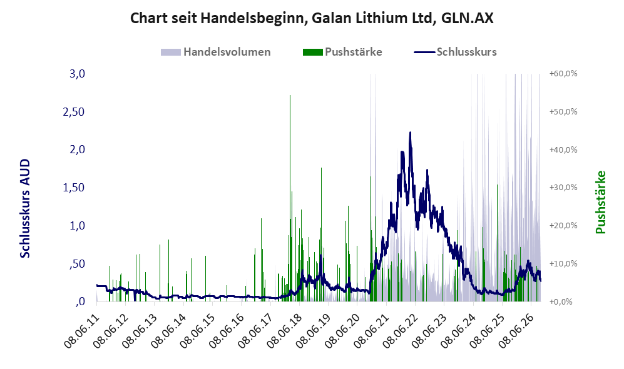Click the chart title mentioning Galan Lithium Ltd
(312, 18)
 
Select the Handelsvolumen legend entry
(216, 52)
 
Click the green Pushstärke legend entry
(342, 52)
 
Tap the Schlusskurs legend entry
(455, 52)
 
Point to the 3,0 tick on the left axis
(77, 74)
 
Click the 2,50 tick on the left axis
(74, 112)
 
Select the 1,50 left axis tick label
(74, 188)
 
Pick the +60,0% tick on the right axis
(563, 74)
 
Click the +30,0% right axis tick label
(563, 188)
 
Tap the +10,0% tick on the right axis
(563, 264)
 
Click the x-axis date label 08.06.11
(81, 331)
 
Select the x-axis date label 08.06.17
(255, 331)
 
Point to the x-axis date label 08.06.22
(400, 331)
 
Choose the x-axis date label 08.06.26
(516, 331)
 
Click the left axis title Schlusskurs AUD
(25, 208)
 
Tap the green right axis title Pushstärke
(600, 203)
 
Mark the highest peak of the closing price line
(411, 133)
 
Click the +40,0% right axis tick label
(563, 150)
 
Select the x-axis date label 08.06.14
(168, 331)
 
